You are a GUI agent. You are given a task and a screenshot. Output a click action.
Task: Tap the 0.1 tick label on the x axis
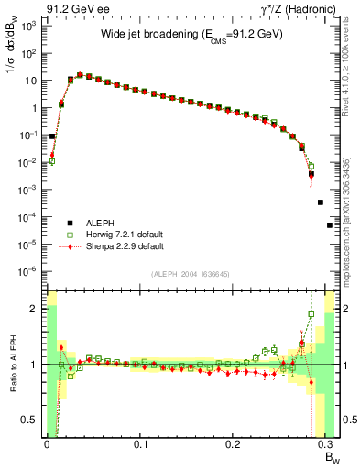(140, 446)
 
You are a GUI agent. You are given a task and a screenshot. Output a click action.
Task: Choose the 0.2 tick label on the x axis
(235, 446)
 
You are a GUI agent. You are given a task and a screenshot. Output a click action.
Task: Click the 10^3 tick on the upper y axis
(29, 26)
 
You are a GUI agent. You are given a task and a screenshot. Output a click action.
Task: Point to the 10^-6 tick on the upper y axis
(29, 271)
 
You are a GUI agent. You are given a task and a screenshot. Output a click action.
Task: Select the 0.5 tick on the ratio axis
(31, 420)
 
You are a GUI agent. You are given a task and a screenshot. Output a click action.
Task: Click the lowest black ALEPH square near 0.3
(330, 224)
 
